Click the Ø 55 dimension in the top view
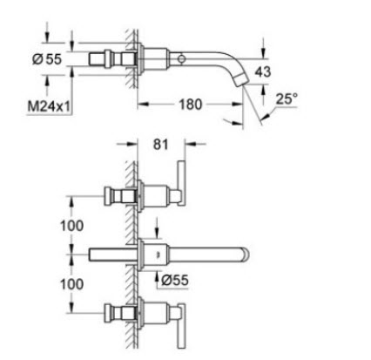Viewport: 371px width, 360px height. pyautogui.click(x=47, y=59)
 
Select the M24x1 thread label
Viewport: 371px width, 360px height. pyautogui.click(x=49, y=106)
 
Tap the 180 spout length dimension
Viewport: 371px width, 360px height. pyautogui.click(x=190, y=105)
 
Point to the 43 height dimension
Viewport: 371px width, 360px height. pyautogui.click(x=263, y=71)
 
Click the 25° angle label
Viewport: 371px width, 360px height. pyautogui.click(x=287, y=98)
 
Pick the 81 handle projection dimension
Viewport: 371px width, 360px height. pyautogui.click(x=160, y=144)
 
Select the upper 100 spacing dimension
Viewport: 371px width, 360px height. pyautogui.click(x=71, y=226)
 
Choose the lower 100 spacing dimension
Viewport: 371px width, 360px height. pyautogui.click(x=71, y=284)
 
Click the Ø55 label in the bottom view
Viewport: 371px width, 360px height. pyautogui.click(x=175, y=281)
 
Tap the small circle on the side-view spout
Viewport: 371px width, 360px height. pyautogui.click(x=182, y=59)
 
